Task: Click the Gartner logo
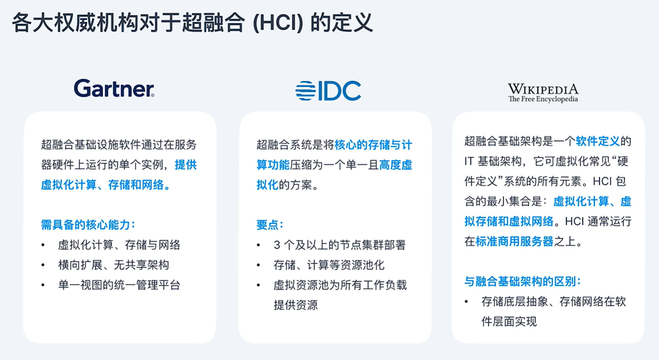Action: coord(114,88)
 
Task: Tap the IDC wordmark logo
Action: coord(328,91)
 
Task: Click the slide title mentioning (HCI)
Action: coord(192,22)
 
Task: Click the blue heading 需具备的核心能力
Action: coord(88,225)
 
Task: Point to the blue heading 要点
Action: coord(269,225)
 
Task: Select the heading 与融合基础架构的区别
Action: coord(523,282)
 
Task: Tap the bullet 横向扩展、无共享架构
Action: coord(114,265)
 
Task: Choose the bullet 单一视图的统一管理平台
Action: coord(119,285)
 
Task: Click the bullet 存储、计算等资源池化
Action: coord(329,265)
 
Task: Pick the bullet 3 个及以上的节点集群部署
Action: coord(340,245)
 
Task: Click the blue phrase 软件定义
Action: coord(598,141)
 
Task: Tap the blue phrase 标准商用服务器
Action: coord(514,242)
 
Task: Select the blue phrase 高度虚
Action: coord(396,165)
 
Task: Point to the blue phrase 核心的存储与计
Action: coord(373,145)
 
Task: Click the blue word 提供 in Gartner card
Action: coord(186,165)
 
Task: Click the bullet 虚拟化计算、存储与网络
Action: coord(119,245)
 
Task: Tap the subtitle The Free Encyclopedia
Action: coord(543,99)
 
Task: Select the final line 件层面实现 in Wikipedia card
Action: coord(509,321)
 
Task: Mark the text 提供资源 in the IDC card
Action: coord(296,305)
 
